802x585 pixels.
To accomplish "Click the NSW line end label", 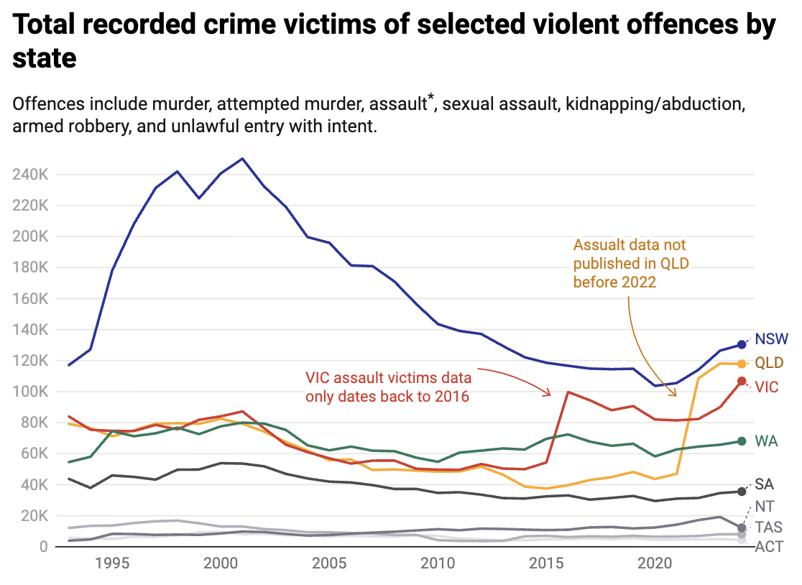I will click(771, 339).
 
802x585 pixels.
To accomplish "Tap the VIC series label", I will click(768, 387).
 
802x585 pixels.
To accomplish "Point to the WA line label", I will click(767, 441).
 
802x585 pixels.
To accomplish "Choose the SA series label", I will click(764, 484).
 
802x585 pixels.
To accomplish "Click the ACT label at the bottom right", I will click(768, 547).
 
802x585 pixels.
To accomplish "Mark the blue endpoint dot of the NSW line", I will click(742, 344).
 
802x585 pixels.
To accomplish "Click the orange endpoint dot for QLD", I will click(742, 364).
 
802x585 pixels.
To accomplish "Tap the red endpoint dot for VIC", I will click(742, 381).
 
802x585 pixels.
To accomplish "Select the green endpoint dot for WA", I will click(742, 441).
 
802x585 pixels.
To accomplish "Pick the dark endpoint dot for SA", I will click(742, 492).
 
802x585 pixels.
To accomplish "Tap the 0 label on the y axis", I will click(43, 547).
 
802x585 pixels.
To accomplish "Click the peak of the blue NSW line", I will click(243, 158).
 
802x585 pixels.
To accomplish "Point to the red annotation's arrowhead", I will click(549, 393).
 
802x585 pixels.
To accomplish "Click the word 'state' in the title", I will click(45, 57).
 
